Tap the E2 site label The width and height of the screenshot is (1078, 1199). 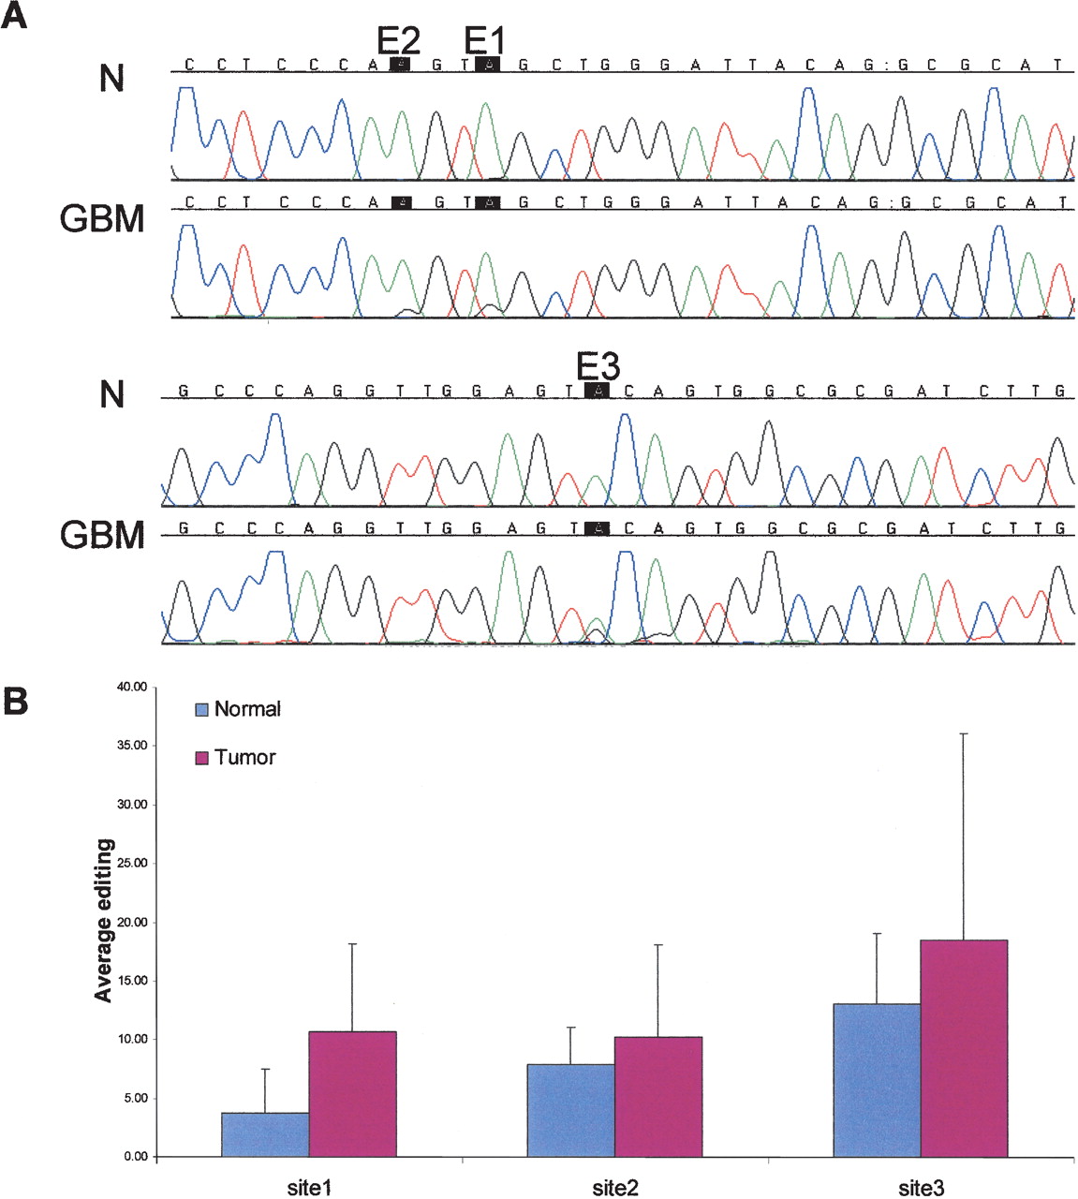[398, 40]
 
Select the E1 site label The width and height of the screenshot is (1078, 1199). [484, 40]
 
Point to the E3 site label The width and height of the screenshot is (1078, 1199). [598, 366]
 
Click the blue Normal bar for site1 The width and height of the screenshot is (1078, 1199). [265, 1134]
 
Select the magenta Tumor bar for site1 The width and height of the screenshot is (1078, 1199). [352, 1094]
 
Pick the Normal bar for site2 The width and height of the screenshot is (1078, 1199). [570, 1110]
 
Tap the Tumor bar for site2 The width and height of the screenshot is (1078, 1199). [657, 1097]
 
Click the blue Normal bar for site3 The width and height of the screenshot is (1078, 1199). [877, 1080]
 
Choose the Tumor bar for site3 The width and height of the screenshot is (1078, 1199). [964, 1048]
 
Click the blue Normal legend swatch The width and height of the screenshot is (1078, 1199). [201, 710]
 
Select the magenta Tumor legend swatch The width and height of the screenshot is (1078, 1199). [201, 758]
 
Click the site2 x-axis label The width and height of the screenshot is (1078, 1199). [614, 1188]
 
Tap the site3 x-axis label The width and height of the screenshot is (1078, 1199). [921, 1188]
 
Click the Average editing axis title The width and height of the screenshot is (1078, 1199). [103, 921]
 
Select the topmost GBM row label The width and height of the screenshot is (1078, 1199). [102, 219]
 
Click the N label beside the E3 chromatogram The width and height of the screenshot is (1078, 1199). [111, 394]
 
